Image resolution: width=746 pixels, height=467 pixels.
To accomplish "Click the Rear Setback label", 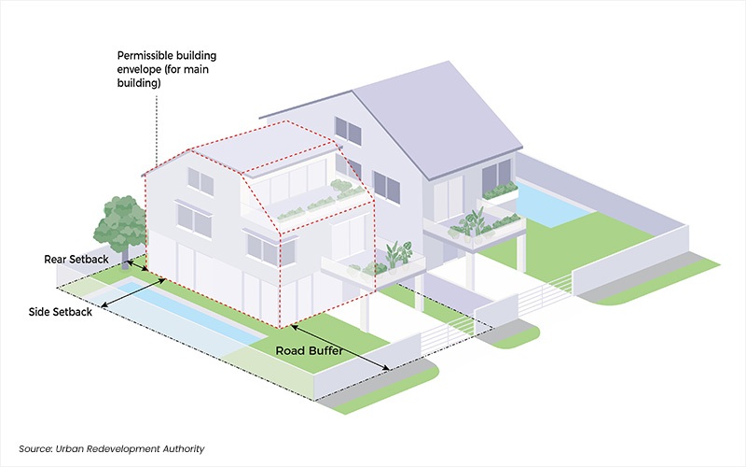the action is [76, 260].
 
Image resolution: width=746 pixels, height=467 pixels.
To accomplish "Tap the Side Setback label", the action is [61, 312].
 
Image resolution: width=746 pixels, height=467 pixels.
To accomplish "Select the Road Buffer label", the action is [310, 351].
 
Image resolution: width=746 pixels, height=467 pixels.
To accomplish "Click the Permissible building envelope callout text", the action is [167, 69].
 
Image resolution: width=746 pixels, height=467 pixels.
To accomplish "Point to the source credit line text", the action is [111, 449].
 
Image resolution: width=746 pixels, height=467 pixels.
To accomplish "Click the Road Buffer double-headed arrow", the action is [339, 347].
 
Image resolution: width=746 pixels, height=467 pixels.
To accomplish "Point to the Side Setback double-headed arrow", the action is [133, 292].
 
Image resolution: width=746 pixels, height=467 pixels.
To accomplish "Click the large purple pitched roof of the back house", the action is [437, 120].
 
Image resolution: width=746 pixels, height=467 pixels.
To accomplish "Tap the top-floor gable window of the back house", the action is [348, 130].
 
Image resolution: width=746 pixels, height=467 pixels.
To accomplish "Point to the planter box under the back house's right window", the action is [501, 192].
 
